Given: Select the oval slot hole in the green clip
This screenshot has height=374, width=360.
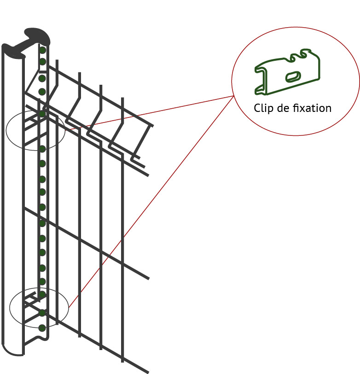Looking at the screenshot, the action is click(293, 76).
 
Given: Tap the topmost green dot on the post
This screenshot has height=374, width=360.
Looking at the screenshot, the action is click(42, 50).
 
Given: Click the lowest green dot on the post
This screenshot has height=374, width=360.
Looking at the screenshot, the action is click(42, 328).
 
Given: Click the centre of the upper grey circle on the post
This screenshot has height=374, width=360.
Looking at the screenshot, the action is click(35, 130).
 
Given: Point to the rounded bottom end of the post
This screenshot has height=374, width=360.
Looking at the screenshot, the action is click(12, 351).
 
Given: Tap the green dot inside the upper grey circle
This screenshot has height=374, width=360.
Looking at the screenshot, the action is click(42, 114).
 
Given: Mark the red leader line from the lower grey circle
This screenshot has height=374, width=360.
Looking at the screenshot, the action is click(151, 202).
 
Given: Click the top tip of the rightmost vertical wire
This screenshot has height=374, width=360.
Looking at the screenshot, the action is click(122, 98).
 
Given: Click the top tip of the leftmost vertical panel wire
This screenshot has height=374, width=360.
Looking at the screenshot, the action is click(57, 60).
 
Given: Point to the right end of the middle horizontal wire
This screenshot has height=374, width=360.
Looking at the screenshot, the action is click(148, 278).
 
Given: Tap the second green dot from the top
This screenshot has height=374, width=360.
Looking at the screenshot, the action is click(42, 62).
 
